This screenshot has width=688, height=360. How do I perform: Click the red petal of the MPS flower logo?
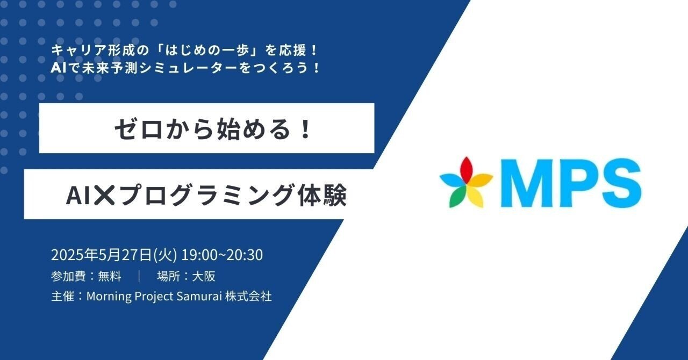point(465,166)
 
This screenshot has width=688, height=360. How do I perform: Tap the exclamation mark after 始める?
point(306,129)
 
